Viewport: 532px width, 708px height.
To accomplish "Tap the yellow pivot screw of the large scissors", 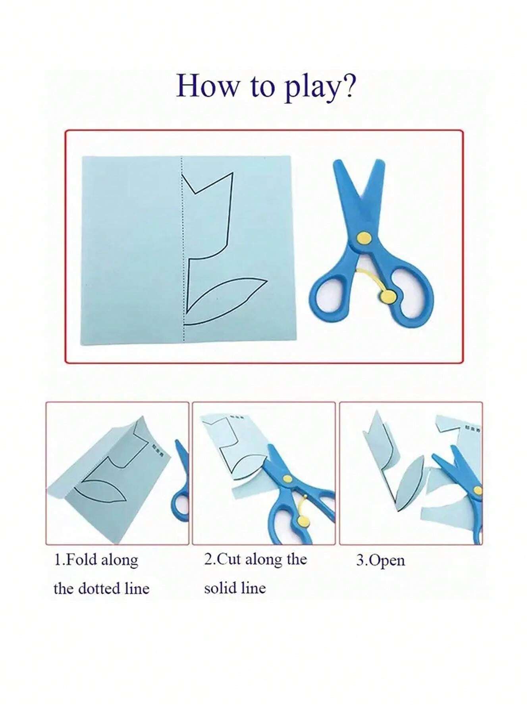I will click(364, 238).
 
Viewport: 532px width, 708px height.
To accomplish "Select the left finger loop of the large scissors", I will click(330, 295).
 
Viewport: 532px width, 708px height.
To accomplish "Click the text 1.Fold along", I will click(96, 560).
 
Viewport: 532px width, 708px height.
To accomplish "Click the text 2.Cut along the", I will click(256, 559).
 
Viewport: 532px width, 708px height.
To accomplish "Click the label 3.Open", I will click(380, 560).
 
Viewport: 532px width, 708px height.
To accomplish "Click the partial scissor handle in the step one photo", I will click(181, 502).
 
